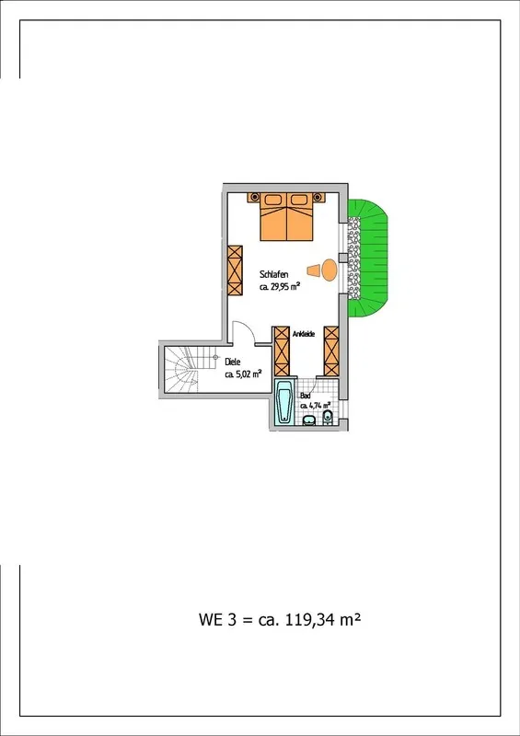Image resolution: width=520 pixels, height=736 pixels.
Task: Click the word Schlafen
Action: point(274,274)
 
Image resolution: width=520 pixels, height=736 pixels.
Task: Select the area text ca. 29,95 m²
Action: point(280,286)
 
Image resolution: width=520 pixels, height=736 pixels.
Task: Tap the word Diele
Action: point(233,362)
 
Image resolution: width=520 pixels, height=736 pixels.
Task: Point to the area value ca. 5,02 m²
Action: point(243,374)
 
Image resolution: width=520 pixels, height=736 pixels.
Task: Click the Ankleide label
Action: point(304,334)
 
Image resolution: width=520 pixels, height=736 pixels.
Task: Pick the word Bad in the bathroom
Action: point(305,396)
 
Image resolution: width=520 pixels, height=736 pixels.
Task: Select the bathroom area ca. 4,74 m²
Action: point(315,406)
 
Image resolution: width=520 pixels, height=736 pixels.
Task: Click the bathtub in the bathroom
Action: point(284,401)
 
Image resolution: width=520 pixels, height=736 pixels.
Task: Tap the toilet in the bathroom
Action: point(328,418)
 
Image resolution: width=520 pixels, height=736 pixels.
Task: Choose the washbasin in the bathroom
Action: point(309,420)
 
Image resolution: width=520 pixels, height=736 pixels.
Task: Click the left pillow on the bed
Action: point(273,200)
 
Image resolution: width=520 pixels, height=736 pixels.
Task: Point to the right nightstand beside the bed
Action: point(318,197)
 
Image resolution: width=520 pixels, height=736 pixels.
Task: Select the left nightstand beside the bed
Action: point(254,197)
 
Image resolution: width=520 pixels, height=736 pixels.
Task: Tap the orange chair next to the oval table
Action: point(314,270)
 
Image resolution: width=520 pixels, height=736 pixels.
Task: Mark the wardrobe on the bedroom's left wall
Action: point(235,270)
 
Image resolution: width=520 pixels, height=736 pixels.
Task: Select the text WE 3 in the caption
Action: point(217,619)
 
